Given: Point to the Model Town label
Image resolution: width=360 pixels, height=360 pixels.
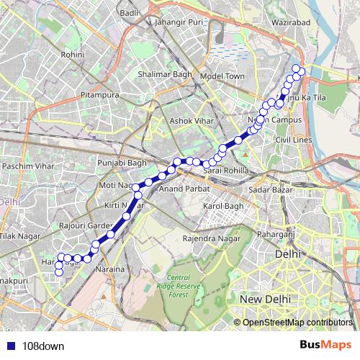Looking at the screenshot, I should click(x=222, y=76).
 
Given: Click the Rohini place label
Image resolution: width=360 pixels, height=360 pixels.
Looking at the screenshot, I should click(x=73, y=54).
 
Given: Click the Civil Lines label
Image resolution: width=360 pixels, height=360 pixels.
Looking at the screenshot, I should click(x=293, y=139).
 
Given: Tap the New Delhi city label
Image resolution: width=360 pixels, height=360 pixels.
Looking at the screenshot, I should click(x=266, y=298).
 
